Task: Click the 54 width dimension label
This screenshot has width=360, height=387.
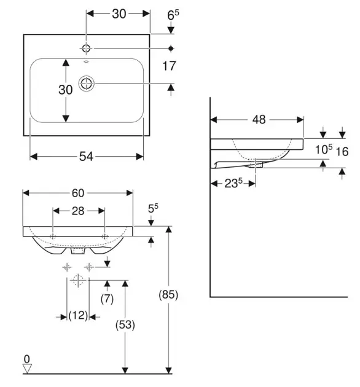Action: pyautogui.click(x=86, y=157)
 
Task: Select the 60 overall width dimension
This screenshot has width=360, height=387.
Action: pyautogui.click(x=78, y=193)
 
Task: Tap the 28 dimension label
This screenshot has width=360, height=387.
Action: pyautogui.click(x=78, y=211)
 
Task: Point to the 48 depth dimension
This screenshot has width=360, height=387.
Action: pyautogui.click(x=259, y=120)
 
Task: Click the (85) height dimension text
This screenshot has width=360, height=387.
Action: pyautogui.click(x=168, y=294)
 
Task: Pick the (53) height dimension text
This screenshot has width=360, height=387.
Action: pyautogui.click(x=125, y=325)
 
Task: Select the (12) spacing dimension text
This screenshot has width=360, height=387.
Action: pyautogui.click(x=78, y=315)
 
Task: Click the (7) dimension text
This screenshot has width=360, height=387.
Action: pyautogui.click(x=107, y=299)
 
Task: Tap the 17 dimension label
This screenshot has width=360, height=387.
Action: pyautogui.click(x=169, y=66)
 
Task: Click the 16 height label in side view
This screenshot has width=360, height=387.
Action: pyautogui.click(x=342, y=151)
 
